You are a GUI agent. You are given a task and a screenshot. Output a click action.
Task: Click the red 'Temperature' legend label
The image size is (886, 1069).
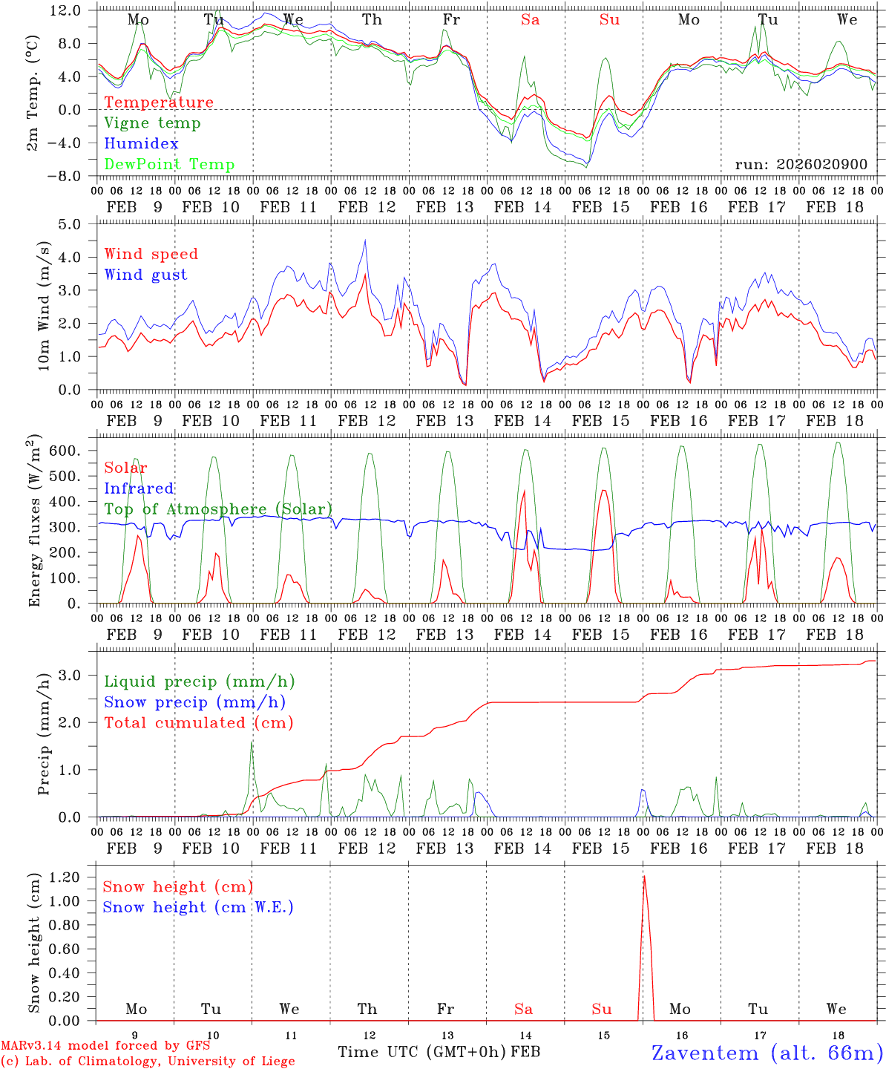(x=159, y=102)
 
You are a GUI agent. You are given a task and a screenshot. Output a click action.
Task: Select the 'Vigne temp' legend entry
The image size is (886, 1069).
(x=152, y=123)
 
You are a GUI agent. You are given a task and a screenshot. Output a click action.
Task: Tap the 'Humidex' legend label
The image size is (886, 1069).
(x=141, y=144)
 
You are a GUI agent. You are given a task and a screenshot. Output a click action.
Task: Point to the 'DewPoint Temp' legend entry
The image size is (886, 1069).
(x=169, y=165)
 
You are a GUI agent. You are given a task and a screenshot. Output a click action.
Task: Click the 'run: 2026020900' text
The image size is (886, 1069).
(x=801, y=165)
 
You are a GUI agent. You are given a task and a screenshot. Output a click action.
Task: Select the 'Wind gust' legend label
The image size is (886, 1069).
(x=145, y=275)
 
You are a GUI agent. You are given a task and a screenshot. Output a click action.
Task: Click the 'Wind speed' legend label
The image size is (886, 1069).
(x=151, y=255)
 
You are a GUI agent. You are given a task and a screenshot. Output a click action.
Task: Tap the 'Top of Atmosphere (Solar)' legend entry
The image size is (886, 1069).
(x=218, y=509)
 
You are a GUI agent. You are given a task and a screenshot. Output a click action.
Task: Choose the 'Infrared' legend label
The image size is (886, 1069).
(x=139, y=488)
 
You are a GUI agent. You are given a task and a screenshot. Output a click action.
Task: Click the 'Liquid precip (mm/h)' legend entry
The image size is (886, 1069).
(x=199, y=681)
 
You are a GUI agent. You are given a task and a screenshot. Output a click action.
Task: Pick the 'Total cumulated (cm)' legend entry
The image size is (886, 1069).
(x=199, y=723)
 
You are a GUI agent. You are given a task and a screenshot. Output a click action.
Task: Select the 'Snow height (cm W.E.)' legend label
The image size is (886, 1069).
(x=198, y=907)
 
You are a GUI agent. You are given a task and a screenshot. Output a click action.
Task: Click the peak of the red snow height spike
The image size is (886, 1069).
(x=644, y=877)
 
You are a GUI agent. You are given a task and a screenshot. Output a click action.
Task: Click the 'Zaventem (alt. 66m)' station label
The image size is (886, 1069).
(x=767, y=1053)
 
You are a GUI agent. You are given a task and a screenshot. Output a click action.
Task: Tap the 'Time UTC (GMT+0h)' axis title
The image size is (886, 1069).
(x=422, y=1052)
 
